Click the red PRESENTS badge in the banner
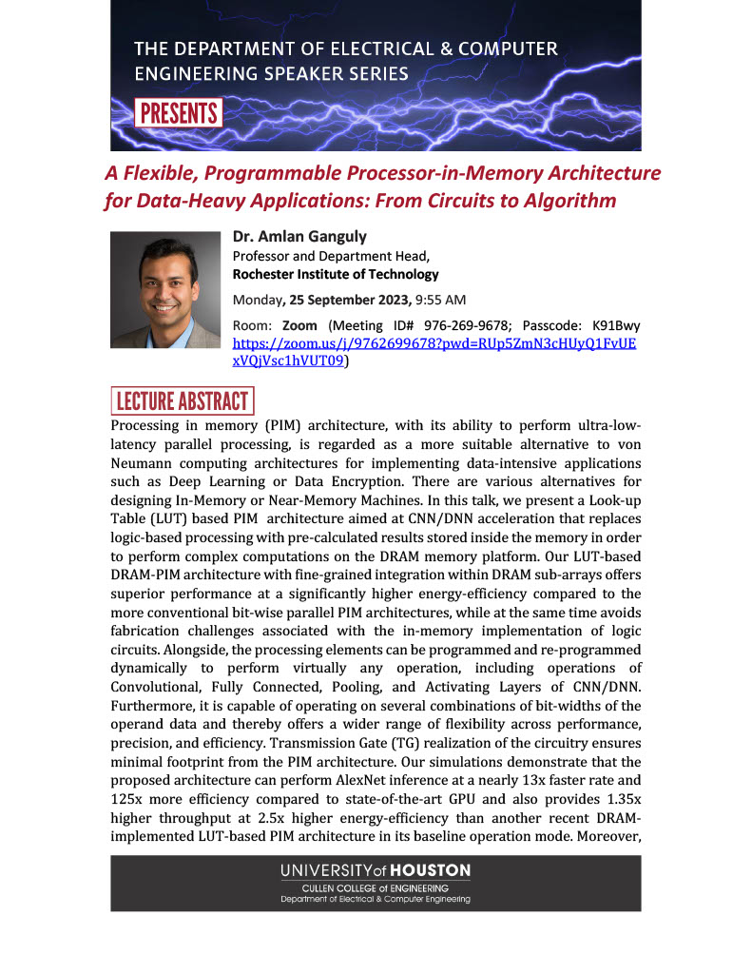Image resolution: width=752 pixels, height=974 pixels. [x=179, y=113]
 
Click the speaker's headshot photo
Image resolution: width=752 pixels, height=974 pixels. [x=165, y=289]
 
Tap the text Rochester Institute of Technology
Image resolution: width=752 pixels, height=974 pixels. [x=336, y=274]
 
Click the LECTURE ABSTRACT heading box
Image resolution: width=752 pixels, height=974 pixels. [x=183, y=400]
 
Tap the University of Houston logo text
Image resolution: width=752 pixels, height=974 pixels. [x=375, y=870]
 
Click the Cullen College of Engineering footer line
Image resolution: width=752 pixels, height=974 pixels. [x=375, y=887]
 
